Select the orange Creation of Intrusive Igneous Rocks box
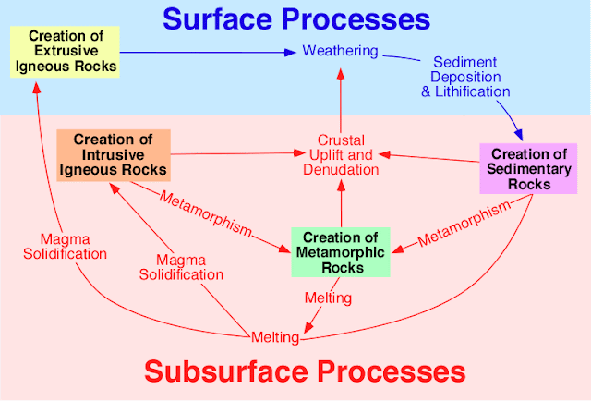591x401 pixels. [114, 154]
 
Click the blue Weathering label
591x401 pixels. [341, 51]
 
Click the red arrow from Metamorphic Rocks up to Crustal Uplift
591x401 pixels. [342, 203]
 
